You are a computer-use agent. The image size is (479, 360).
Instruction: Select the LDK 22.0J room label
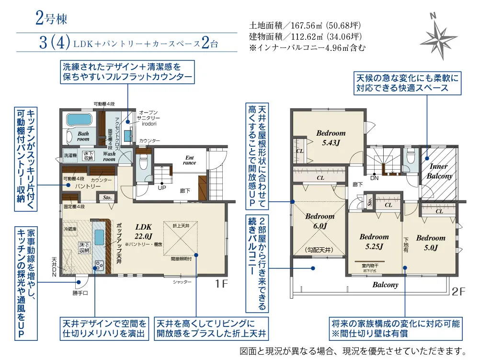click(x=143, y=231)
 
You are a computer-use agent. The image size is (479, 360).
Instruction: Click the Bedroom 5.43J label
click(x=331, y=138)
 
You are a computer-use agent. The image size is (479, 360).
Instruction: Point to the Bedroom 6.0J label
click(x=319, y=221)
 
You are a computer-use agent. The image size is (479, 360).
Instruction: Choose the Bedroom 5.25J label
click(x=374, y=242)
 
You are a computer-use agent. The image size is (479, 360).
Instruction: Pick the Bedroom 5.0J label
click(x=430, y=243)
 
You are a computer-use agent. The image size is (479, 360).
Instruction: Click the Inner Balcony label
click(x=439, y=171)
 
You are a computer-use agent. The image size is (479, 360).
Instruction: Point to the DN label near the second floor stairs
click(x=375, y=177)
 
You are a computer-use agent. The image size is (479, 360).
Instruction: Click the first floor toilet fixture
click(x=143, y=163)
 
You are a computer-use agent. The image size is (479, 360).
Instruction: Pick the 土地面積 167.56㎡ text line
click(x=305, y=25)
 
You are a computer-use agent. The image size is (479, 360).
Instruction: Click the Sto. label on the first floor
click(x=105, y=197)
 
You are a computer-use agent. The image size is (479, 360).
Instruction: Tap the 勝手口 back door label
click(x=80, y=292)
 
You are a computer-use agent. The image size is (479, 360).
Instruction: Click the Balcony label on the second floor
click(x=385, y=285)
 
